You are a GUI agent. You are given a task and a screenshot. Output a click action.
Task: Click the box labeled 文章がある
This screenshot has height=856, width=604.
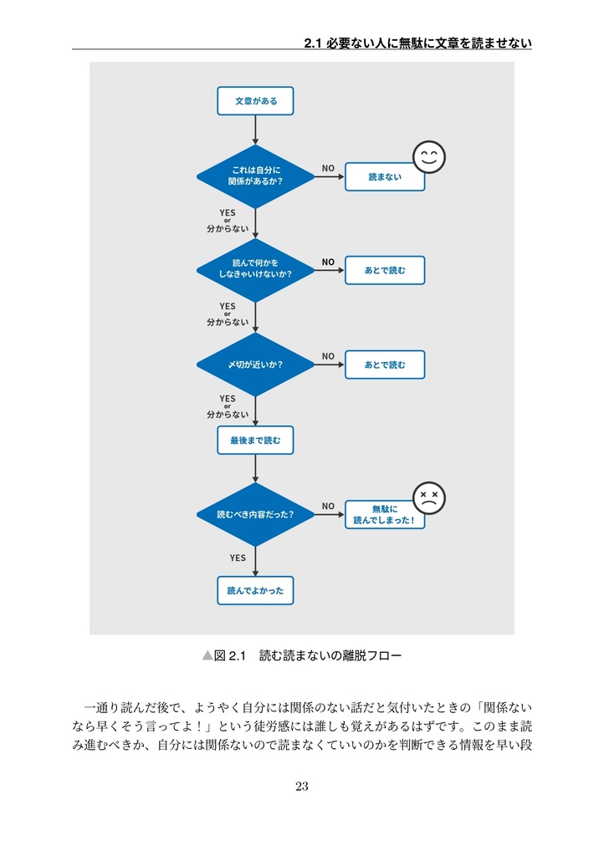(255, 101)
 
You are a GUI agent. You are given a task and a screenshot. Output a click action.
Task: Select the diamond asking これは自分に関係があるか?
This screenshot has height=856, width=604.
(255, 176)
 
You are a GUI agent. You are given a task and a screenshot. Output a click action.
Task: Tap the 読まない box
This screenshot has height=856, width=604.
(385, 177)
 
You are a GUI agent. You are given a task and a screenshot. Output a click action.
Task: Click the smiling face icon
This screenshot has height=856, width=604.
(428, 157)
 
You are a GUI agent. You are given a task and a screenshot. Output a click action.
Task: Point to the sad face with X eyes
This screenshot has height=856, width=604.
(428, 498)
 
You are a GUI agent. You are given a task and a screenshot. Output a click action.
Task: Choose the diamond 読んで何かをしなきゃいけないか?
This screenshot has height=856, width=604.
(255, 270)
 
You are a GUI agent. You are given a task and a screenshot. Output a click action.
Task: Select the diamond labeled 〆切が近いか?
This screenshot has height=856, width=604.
(255, 364)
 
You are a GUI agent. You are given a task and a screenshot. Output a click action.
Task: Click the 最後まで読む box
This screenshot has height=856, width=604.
(255, 440)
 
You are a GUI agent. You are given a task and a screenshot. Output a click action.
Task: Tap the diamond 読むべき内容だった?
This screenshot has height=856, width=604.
(255, 514)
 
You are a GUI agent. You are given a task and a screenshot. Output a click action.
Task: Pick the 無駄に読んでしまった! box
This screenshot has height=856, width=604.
(385, 515)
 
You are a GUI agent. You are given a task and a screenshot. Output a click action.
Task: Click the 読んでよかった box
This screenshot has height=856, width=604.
(255, 591)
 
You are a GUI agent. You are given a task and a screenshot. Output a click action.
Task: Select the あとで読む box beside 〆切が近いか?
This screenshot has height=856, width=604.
(385, 364)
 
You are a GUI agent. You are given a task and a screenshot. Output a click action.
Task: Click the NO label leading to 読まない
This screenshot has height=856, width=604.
(328, 168)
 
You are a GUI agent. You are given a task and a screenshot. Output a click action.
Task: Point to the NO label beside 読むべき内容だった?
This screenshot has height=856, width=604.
(328, 506)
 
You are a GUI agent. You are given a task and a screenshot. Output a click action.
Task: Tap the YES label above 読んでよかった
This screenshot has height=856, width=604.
(238, 558)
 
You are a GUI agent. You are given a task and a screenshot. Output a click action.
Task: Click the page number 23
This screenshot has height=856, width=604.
(301, 786)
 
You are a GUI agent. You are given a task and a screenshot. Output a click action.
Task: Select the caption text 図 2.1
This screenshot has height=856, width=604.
(230, 655)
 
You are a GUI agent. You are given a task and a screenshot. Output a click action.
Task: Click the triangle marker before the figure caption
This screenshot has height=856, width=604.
(207, 655)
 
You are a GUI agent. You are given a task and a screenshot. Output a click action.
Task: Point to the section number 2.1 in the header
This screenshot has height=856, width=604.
(312, 43)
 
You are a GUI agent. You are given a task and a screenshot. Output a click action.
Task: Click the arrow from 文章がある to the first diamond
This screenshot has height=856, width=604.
(255, 130)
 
